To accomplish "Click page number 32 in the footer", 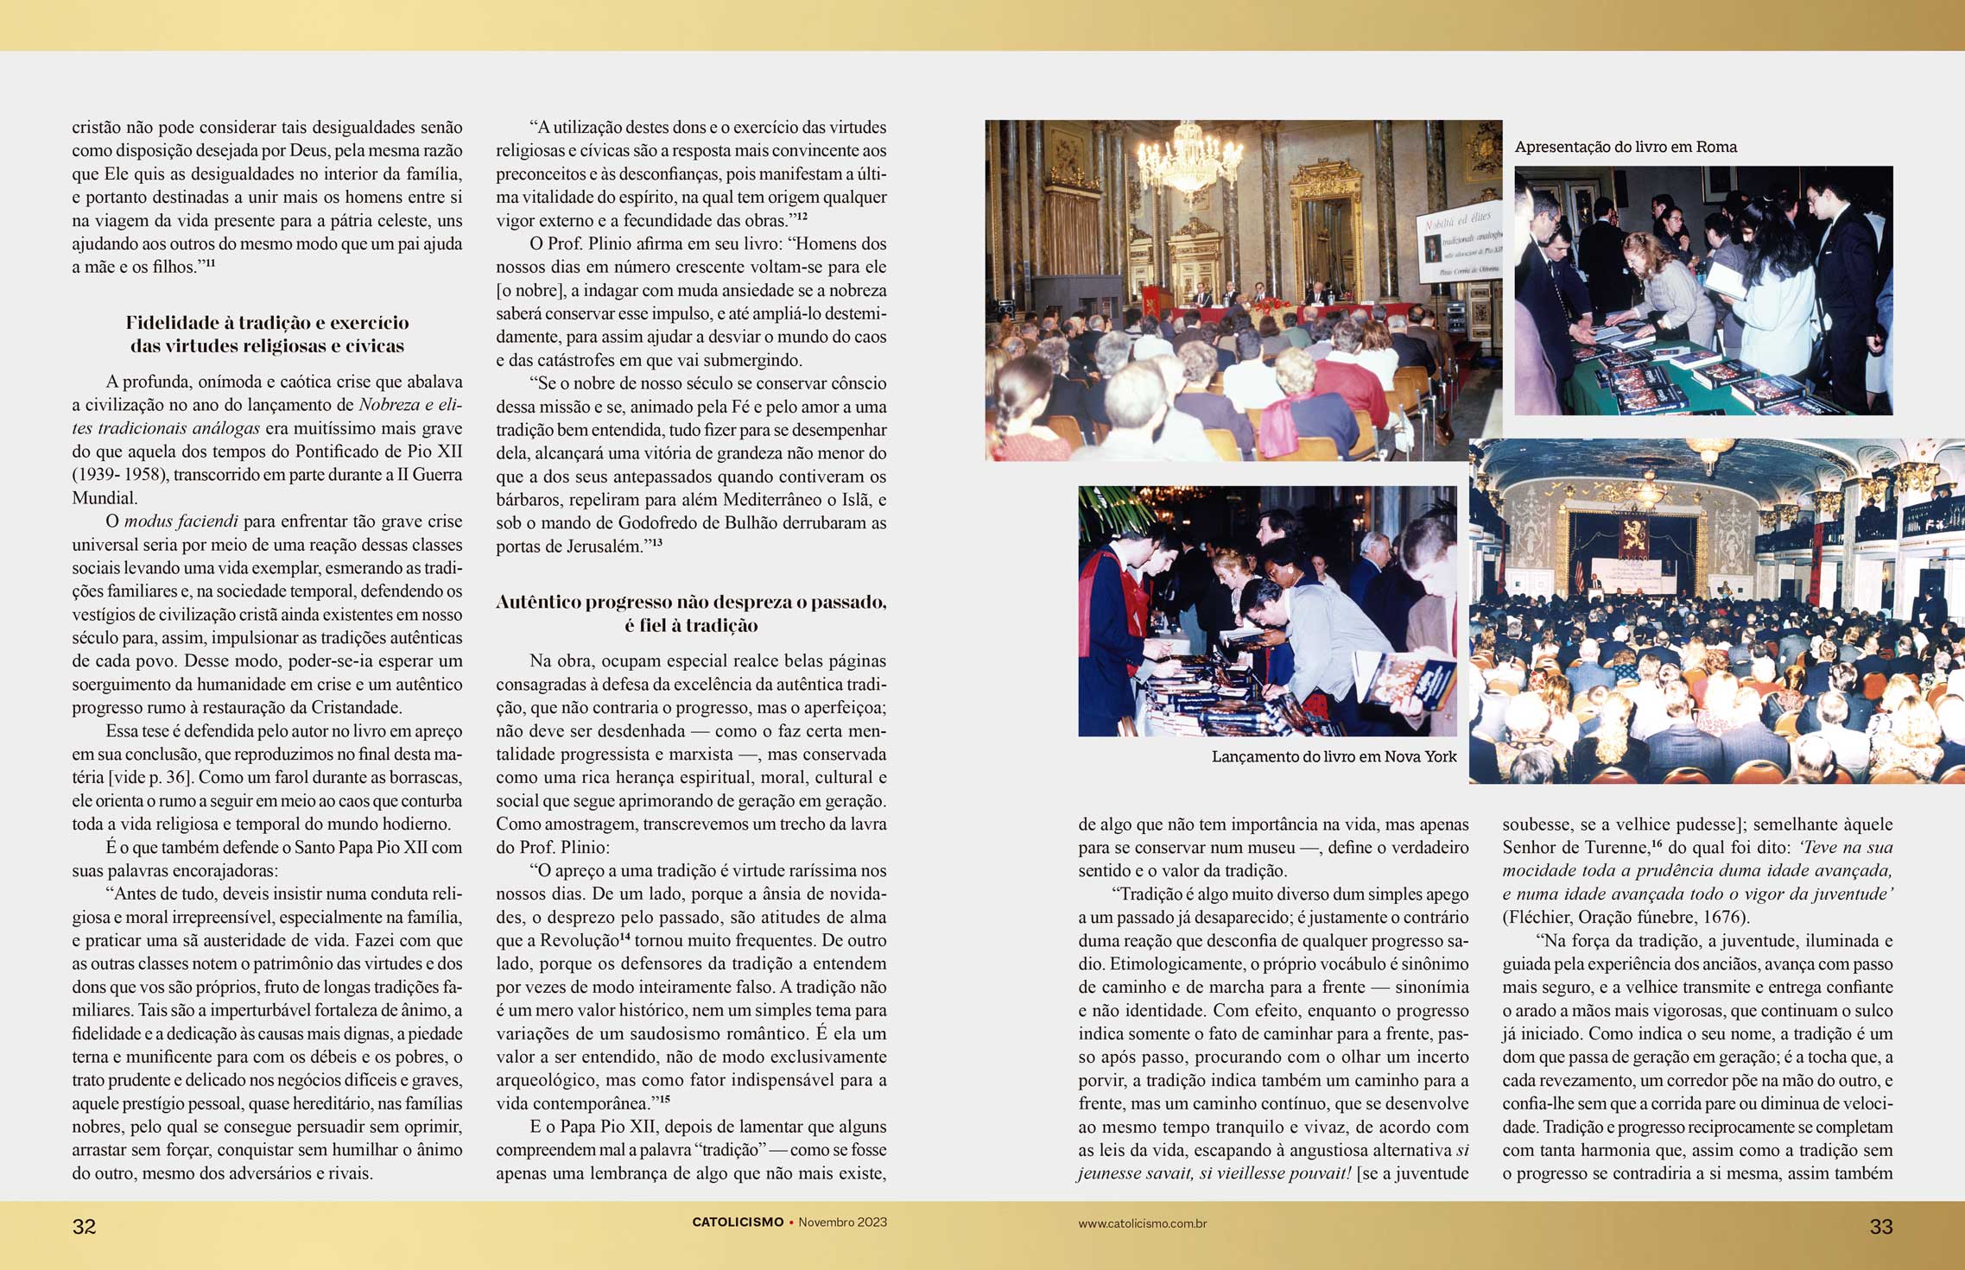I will pos(84,1227).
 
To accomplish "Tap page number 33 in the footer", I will pos(1880,1227).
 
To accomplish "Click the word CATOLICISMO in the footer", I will pos(738,1223).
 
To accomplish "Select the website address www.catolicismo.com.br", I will pos(1142,1223).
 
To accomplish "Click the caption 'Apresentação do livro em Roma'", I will pos(1626,147).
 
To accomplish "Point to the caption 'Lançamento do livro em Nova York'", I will pos(1334,757).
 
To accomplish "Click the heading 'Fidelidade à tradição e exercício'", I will pos(267,323).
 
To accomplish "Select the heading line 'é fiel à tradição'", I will pos(691,626).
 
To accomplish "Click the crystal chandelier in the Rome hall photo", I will pos(1191,160).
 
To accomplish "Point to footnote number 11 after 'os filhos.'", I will pos(209,263).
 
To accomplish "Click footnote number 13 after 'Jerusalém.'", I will pos(656,542).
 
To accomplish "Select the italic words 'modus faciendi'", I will pos(181,521).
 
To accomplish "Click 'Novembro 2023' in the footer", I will pos(842,1223).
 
